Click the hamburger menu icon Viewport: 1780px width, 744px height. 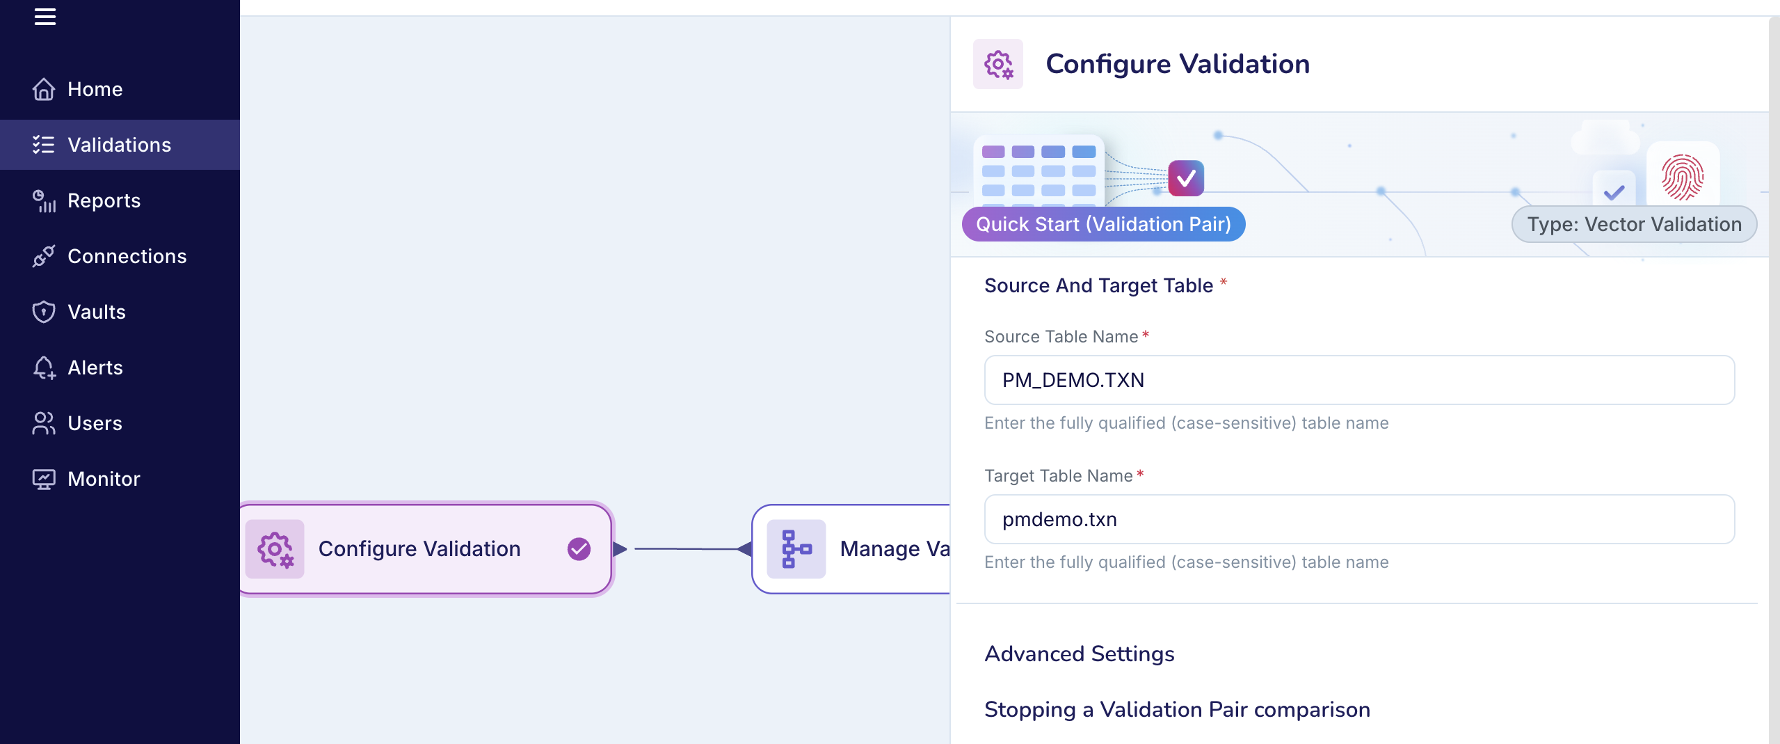coord(45,17)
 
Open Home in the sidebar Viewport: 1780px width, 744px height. coord(95,89)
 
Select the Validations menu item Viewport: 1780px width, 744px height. coord(119,145)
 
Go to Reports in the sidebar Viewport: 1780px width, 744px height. coord(104,200)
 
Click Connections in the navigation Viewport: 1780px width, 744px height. coord(127,256)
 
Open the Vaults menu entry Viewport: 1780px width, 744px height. coord(96,312)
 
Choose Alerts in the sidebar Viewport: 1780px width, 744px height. coord(95,367)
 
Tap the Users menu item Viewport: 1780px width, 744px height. coord(95,423)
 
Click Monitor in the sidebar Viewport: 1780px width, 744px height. coord(104,479)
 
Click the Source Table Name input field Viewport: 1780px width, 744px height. coord(1359,380)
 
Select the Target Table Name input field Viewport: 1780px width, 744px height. coord(1359,519)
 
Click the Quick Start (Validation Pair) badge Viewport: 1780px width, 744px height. coord(1103,224)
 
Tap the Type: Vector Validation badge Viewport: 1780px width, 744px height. coord(1634,224)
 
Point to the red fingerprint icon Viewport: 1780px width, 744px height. coord(1682,177)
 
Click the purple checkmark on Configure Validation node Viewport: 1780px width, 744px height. coord(579,549)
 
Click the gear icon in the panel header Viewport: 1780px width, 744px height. coord(998,64)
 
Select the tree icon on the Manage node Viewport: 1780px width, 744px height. coord(796,549)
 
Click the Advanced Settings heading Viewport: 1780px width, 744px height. coord(1080,654)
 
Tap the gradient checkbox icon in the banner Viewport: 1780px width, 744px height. coord(1186,178)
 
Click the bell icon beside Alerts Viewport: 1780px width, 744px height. coord(44,367)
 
